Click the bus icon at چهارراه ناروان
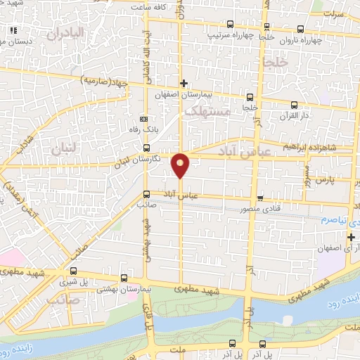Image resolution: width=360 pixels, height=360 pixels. coord(301,30)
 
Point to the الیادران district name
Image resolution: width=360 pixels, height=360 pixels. coord(66,32)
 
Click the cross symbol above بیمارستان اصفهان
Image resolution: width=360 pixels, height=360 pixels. coord(184,84)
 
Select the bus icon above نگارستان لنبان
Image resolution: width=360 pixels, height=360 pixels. coord(146,148)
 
